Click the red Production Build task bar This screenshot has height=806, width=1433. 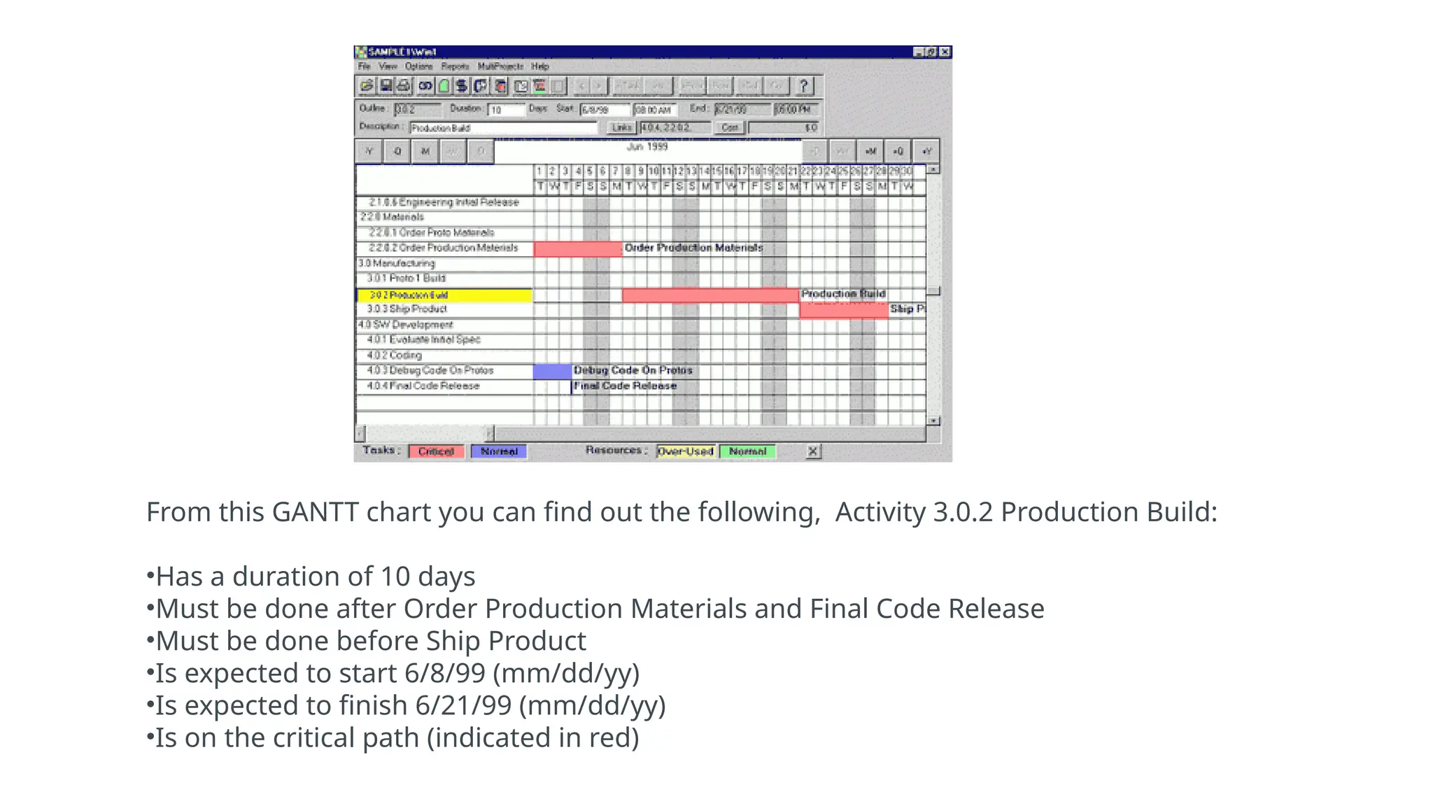pyautogui.click(x=710, y=295)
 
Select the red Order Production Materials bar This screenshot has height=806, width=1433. pyautogui.click(x=577, y=249)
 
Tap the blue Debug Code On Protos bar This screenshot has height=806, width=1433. pyautogui.click(x=552, y=372)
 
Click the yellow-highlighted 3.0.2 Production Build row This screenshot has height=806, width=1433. pyautogui.click(x=444, y=295)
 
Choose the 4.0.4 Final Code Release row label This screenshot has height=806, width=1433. pyautogui.click(x=423, y=386)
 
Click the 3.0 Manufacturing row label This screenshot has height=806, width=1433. pyautogui.click(x=397, y=264)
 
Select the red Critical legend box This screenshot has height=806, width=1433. pyautogui.click(x=437, y=452)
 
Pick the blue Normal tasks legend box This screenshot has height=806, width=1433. pyautogui.click(x=499, y=452)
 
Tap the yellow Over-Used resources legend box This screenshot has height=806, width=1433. pyautogui.click(x=686, y=452)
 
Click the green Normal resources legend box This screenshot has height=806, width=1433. pyautogui.click(x=747, y=452)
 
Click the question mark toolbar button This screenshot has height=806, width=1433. pyautogui.click(x=804, y=86)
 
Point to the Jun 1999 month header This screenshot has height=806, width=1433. pyautogui.click(x=647, y=147)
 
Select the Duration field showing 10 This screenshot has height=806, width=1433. pyautogui.click(x=506, y=110)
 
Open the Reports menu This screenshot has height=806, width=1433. pyautogui.click(x=455, y=66)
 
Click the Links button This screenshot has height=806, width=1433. pyautogui.click(x=621, y=128)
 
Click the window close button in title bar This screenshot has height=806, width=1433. pyautogui.click(x=945, y=52)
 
